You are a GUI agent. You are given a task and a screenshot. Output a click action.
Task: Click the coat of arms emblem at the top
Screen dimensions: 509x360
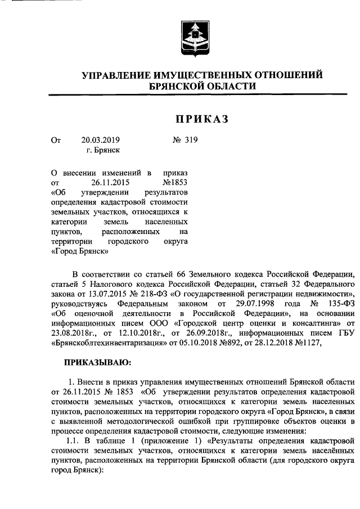[x=193, y=37]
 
